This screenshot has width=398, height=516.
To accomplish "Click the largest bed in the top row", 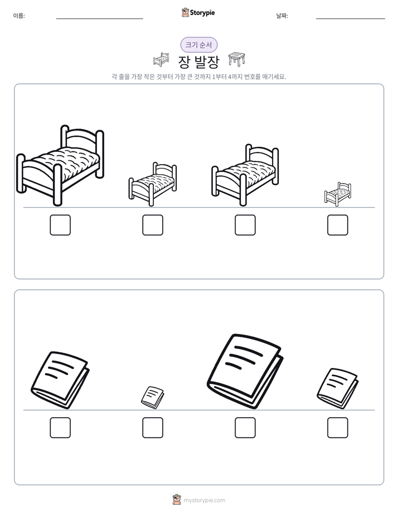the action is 60,165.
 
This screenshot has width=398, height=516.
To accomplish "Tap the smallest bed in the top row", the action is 338,194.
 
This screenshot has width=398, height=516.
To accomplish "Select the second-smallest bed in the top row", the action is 152,184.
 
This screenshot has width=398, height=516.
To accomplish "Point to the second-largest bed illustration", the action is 245,175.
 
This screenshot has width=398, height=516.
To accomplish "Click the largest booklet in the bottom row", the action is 245,371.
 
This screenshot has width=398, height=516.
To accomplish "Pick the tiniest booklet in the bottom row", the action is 152,398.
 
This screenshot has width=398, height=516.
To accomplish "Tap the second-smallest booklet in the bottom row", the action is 338,388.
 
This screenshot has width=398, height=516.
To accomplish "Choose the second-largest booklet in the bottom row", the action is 60,380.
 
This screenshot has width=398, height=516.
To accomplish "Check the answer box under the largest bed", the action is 60,225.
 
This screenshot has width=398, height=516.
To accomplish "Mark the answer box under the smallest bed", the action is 338,225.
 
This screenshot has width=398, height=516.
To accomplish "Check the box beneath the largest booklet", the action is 245,428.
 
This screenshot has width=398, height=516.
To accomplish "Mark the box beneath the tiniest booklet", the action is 153,428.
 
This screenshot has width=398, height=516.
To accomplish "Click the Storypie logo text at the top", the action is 202,13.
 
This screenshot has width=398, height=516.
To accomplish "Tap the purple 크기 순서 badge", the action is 199,45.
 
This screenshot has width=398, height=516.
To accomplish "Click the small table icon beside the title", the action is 237,59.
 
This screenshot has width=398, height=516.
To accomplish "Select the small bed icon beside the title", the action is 161,59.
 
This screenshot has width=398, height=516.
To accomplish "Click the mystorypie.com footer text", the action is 204,500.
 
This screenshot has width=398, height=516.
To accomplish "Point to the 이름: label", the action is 19,16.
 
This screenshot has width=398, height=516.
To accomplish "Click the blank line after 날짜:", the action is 351,19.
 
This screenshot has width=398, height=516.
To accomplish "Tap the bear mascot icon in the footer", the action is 177,500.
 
